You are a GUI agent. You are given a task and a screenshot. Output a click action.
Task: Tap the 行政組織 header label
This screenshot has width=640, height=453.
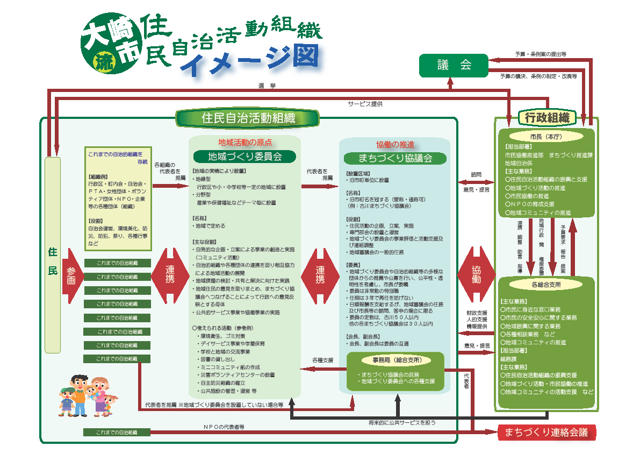546,117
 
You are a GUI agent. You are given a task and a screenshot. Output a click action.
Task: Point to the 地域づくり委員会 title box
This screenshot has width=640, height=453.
245,157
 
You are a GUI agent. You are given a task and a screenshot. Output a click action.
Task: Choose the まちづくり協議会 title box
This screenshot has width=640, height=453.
395,158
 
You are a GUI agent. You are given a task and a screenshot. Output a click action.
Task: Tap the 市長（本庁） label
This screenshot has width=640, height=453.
545,136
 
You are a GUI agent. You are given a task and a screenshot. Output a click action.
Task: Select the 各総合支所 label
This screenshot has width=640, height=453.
545,284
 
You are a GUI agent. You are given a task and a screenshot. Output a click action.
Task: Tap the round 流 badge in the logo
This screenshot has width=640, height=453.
100,61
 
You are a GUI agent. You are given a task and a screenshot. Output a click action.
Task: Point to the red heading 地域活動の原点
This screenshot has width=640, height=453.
245,143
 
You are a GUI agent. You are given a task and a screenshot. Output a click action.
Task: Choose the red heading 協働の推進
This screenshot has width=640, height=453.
395,144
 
